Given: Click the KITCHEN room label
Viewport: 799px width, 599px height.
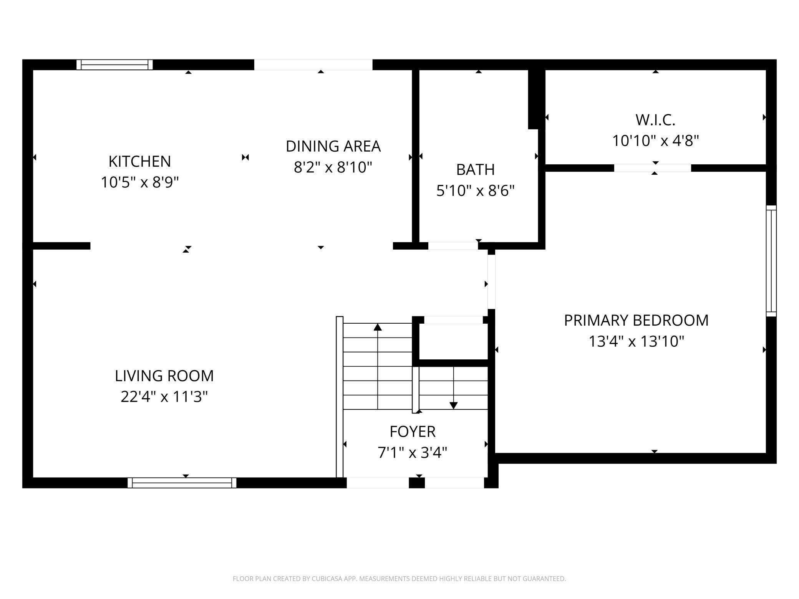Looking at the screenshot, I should click(139, 161).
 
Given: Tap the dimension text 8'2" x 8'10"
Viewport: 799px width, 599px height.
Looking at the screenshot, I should click(333, 167).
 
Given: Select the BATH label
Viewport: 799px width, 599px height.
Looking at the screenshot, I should click(475, 170).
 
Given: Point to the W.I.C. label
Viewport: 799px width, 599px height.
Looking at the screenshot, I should click(655, 120).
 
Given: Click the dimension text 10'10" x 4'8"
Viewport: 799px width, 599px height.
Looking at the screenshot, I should click(655, 141).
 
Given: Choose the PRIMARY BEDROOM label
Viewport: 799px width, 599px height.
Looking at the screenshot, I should click(636, 320).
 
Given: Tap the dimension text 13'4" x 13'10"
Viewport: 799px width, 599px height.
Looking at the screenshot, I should click(636, 341).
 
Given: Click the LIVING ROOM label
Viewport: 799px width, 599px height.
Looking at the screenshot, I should click(164, 376).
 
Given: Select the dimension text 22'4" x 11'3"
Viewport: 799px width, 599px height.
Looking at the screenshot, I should click(164, 397).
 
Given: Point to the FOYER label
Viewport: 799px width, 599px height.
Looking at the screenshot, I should click(412, 432).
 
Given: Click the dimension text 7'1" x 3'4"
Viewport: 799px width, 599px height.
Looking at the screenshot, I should click(412, 453).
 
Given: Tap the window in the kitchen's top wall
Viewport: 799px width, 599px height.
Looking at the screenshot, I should click(114, 65).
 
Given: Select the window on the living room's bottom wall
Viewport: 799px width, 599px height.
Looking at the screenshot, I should click(182, 483).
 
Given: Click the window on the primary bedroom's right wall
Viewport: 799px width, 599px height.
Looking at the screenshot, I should click(771, 261).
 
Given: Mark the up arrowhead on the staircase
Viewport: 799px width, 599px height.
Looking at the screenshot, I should click(378, 327).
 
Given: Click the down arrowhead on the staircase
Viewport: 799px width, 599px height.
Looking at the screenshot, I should click(453, 405).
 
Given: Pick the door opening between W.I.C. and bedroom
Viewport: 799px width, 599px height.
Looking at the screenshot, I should click(652, 168).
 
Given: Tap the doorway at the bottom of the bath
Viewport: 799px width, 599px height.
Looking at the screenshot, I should click(453, 246).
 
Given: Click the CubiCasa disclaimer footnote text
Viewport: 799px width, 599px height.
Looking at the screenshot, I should click(399, 579).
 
